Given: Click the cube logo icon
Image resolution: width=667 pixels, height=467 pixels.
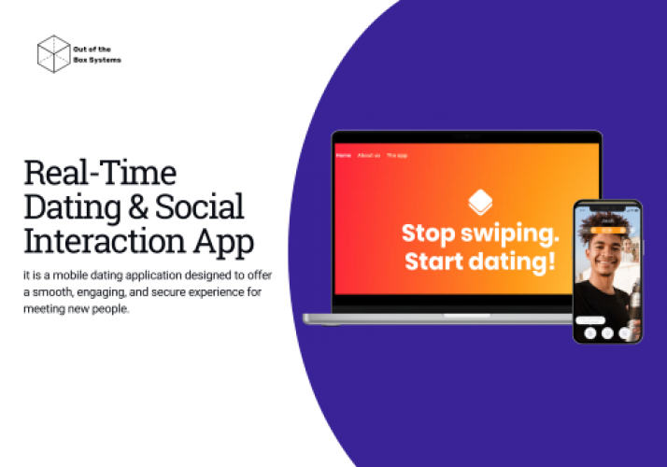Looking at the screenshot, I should click(x=54, y=53).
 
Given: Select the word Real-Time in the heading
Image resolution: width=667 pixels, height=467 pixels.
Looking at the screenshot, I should click(x=99, y=174).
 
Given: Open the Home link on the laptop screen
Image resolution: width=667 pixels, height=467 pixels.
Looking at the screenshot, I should click(x=344, y=155).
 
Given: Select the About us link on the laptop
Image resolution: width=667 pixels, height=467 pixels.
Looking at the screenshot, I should click(x=369, y=155).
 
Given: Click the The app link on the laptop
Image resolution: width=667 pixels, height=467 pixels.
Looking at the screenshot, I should click(x=397, y=155).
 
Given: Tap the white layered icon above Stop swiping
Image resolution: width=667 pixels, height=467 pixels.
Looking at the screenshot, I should click(x=480, y=201).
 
